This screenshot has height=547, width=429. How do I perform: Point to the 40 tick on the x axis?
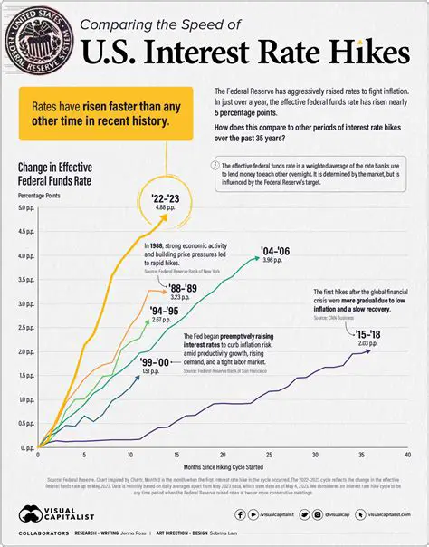tap(408, 455)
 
